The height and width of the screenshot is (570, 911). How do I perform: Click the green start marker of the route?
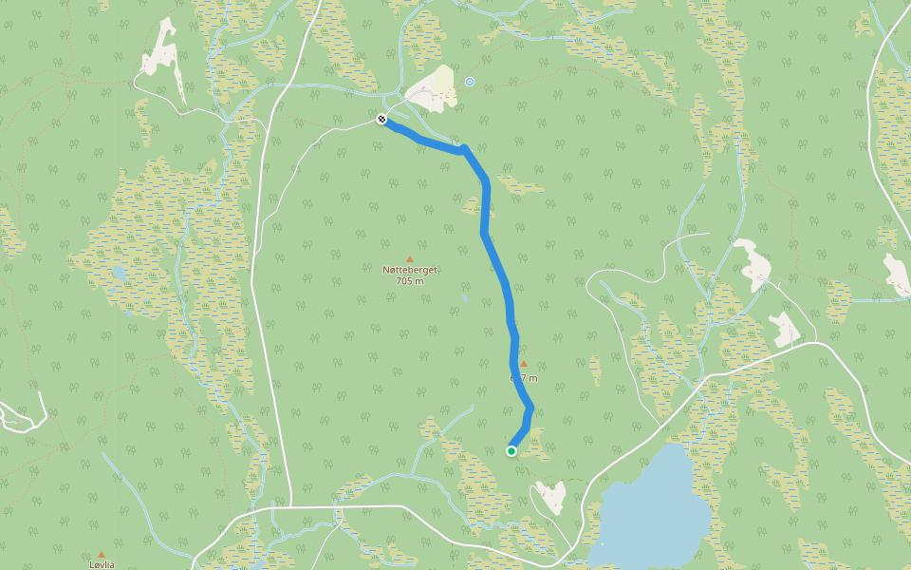point(511,451)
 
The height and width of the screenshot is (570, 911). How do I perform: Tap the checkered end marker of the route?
point(381,119)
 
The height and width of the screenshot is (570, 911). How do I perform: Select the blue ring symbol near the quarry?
point(469,82)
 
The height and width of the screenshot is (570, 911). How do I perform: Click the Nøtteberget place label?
point(410,270)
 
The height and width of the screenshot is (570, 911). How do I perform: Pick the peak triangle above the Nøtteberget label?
point(410,258)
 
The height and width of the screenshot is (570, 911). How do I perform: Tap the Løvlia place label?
point(102,564)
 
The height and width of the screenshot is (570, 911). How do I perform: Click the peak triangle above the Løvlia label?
point(102,554)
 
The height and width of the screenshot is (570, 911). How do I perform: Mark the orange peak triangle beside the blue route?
point(523,364)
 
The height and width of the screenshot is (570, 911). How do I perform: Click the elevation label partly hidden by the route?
point(524,377)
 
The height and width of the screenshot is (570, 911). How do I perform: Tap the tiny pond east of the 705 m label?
point(464,298)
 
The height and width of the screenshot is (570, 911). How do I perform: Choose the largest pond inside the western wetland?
point(119,274)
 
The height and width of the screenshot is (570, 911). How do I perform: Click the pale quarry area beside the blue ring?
point(432,85)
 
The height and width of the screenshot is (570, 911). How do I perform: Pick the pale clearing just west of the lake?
point(550,495)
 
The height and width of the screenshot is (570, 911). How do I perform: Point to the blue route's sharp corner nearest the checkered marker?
point(464,148)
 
